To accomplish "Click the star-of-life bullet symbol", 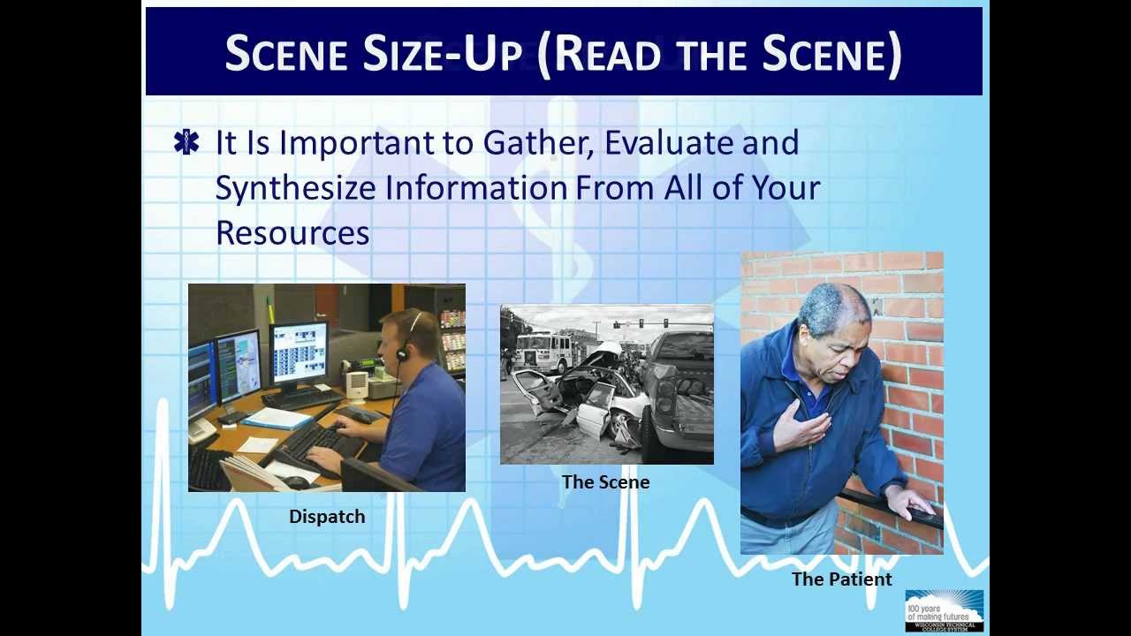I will point(186,142).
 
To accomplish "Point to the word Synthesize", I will point(300,188).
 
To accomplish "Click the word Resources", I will point(292,232).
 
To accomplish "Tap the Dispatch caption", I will point(327,517).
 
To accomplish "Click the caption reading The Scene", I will point(605,482).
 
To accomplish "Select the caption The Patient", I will point(841,579).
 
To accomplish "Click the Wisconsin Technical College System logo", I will point(944,610).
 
